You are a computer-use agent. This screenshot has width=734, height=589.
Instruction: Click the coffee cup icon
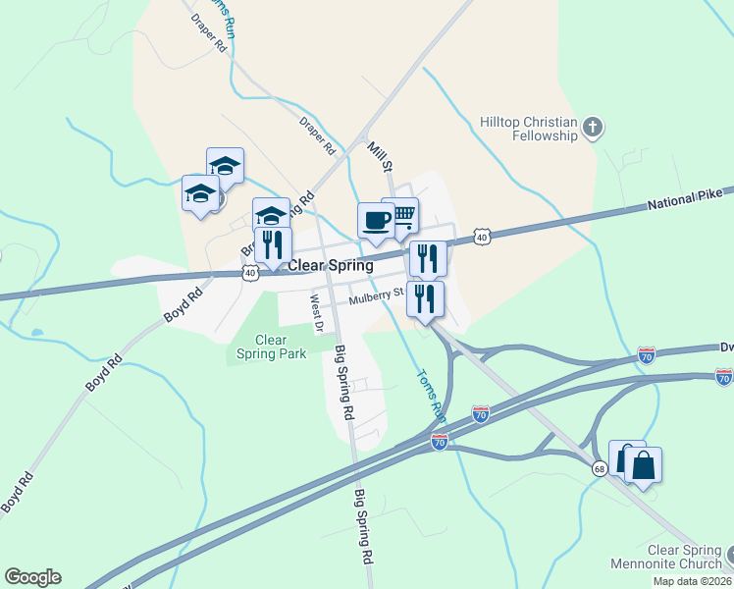tap(374, 220)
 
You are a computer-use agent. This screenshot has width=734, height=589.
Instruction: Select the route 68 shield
tap(598, 469)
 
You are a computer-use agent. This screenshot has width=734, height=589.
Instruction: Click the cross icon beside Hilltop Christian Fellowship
tap(592, 127)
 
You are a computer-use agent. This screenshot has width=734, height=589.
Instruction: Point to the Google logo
tap(32, 577)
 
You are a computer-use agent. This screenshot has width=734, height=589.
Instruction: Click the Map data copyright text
tap(693, 581)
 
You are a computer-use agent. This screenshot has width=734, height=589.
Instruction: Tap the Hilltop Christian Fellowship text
tap(528, 128)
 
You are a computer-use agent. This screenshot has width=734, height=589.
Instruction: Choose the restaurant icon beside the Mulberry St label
tap(425, 298)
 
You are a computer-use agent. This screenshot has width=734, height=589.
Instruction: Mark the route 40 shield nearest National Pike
tap(481, 237)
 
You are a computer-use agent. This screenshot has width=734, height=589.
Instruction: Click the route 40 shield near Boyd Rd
tap(251, 272)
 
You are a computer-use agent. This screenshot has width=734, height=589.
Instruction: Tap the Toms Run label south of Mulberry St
tap(432, 395)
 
